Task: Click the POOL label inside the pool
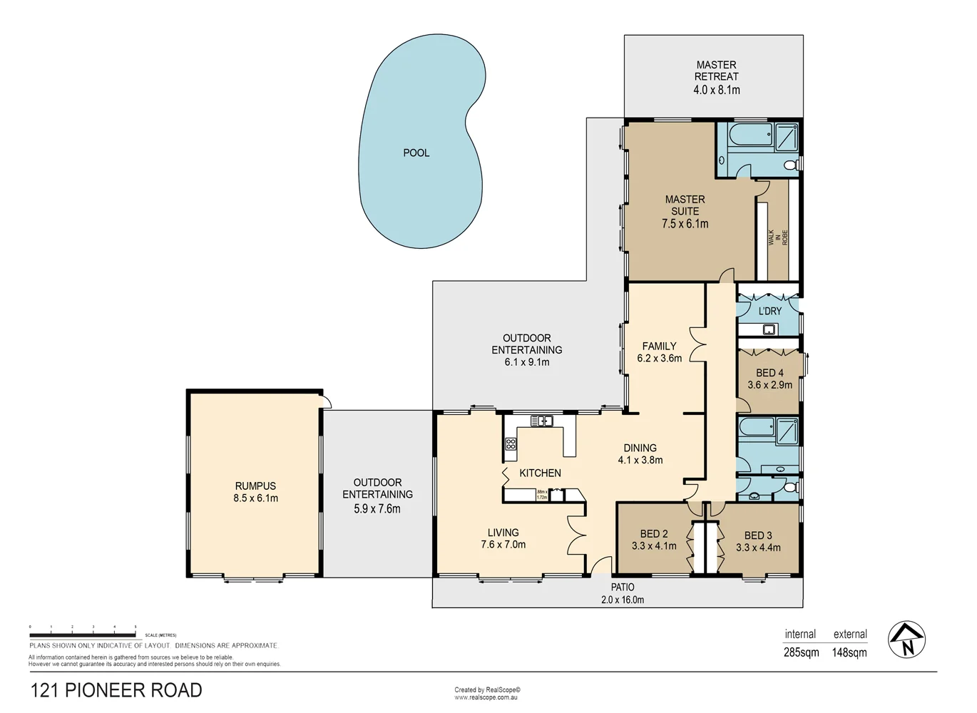coord(416,153)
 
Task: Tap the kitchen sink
coord(541,421)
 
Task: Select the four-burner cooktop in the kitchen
coord(511,444)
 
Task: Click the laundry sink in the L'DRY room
coord(769,329)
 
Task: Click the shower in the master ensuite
coord(786,137)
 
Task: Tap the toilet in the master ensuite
coord(790,165)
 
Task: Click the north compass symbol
coord(906,640)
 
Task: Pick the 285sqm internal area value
coord(801,652)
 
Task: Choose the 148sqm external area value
coord(849,652)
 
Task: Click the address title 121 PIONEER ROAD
coord(116,690)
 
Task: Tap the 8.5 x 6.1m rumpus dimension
coord(255,498)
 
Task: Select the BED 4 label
coord(769,373)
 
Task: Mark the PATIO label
coord(622,587)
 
